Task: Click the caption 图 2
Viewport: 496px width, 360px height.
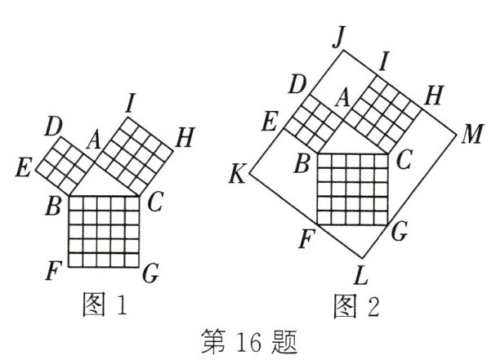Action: [356, 304]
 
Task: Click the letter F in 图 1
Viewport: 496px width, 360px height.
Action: [54, 269]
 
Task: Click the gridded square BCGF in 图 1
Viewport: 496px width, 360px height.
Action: [103, 231]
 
